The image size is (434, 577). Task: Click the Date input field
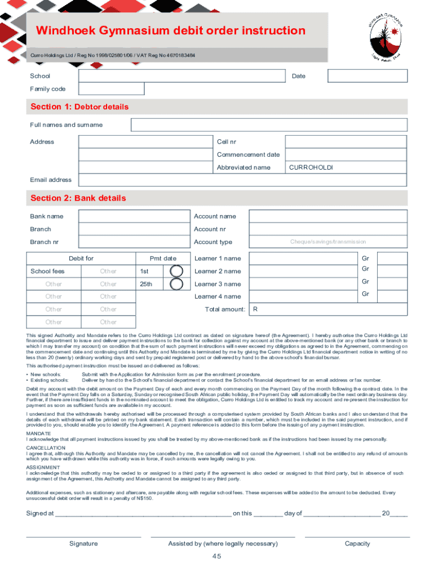click(x=367, y=76)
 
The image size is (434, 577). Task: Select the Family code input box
click(x=112, y=89)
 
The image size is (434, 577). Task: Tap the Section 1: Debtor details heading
click(x=79, y=107)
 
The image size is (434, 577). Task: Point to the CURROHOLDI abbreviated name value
click(x=311, y=167)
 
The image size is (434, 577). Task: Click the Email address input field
click(x=242, y=180)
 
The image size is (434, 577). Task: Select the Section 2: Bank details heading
click(x=78, y=198)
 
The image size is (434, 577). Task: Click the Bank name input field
click(x=133, y=216)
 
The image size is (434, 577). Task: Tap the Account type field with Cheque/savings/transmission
click(x=327, y=242)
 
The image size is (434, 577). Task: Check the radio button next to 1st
click(x=176, y=272)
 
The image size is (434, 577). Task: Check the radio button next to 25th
click(x=176, y=284)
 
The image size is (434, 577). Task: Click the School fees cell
click(x=47, y=272)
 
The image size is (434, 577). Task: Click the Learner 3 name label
click(x=218, y=284)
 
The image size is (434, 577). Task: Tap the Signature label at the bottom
click(x=83, y=544)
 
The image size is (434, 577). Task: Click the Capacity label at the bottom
click(x=357, y=544)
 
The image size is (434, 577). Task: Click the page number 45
click(x=216, y=557)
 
